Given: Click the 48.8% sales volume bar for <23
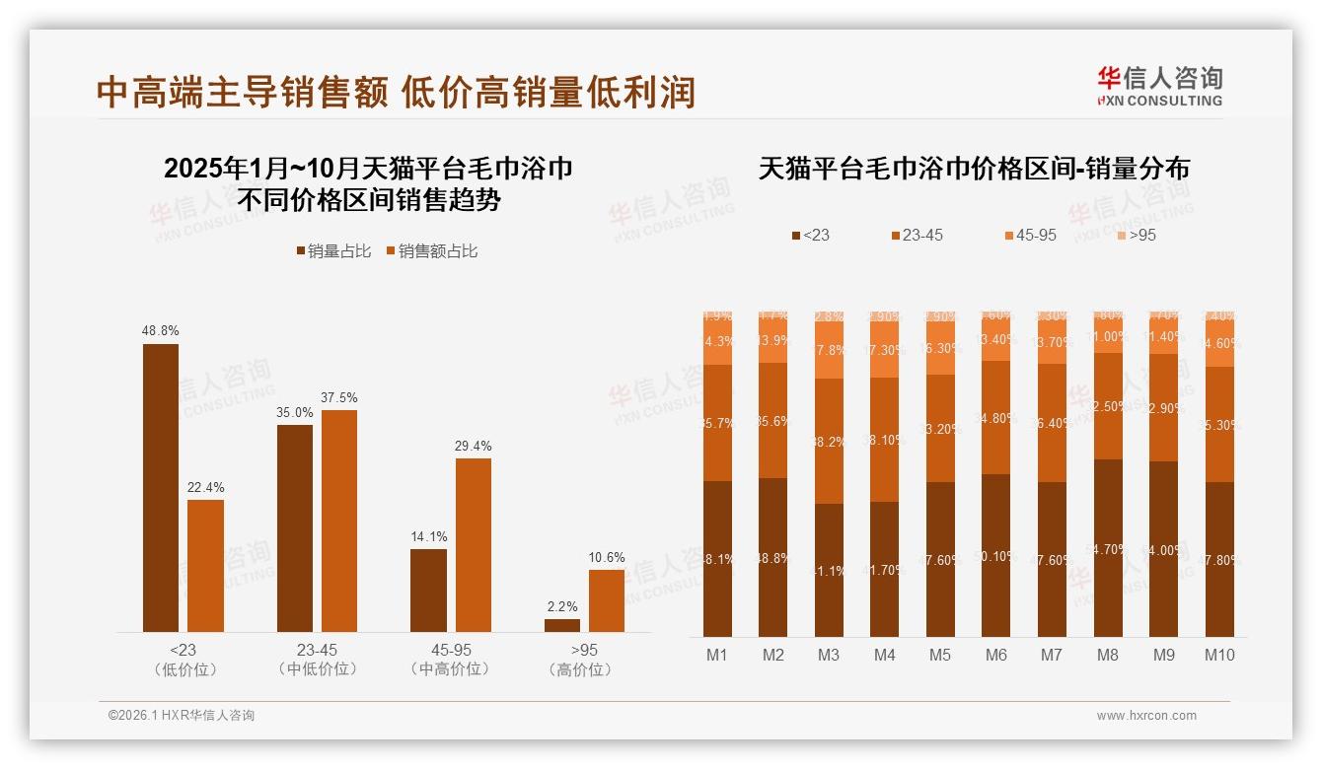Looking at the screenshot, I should click(161, 488).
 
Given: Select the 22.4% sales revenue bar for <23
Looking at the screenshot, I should click(205, 566).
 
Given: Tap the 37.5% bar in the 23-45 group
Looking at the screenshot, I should click(339, 521).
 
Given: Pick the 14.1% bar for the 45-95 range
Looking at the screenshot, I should click(428, 591).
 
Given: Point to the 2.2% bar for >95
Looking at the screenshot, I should click(562, 625).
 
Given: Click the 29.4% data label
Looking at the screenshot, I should click(474, 446).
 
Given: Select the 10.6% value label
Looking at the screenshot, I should click(607, 557).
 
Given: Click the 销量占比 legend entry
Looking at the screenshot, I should click(333, 251).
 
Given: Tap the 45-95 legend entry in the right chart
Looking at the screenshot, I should click(1030, 236).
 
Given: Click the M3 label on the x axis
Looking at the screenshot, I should click(829, 655).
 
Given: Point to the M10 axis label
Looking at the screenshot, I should click(1219, 655).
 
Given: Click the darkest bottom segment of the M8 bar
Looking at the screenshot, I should click(1109, 548).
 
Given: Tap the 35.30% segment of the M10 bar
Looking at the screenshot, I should click(1219, 425).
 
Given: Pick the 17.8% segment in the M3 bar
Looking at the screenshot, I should click(829, 350).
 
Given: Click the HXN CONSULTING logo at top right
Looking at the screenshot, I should click(1159, 86).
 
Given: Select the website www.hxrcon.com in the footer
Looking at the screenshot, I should click(1146, 716).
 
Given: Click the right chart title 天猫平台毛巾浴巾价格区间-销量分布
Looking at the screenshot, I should click(974, 169).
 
